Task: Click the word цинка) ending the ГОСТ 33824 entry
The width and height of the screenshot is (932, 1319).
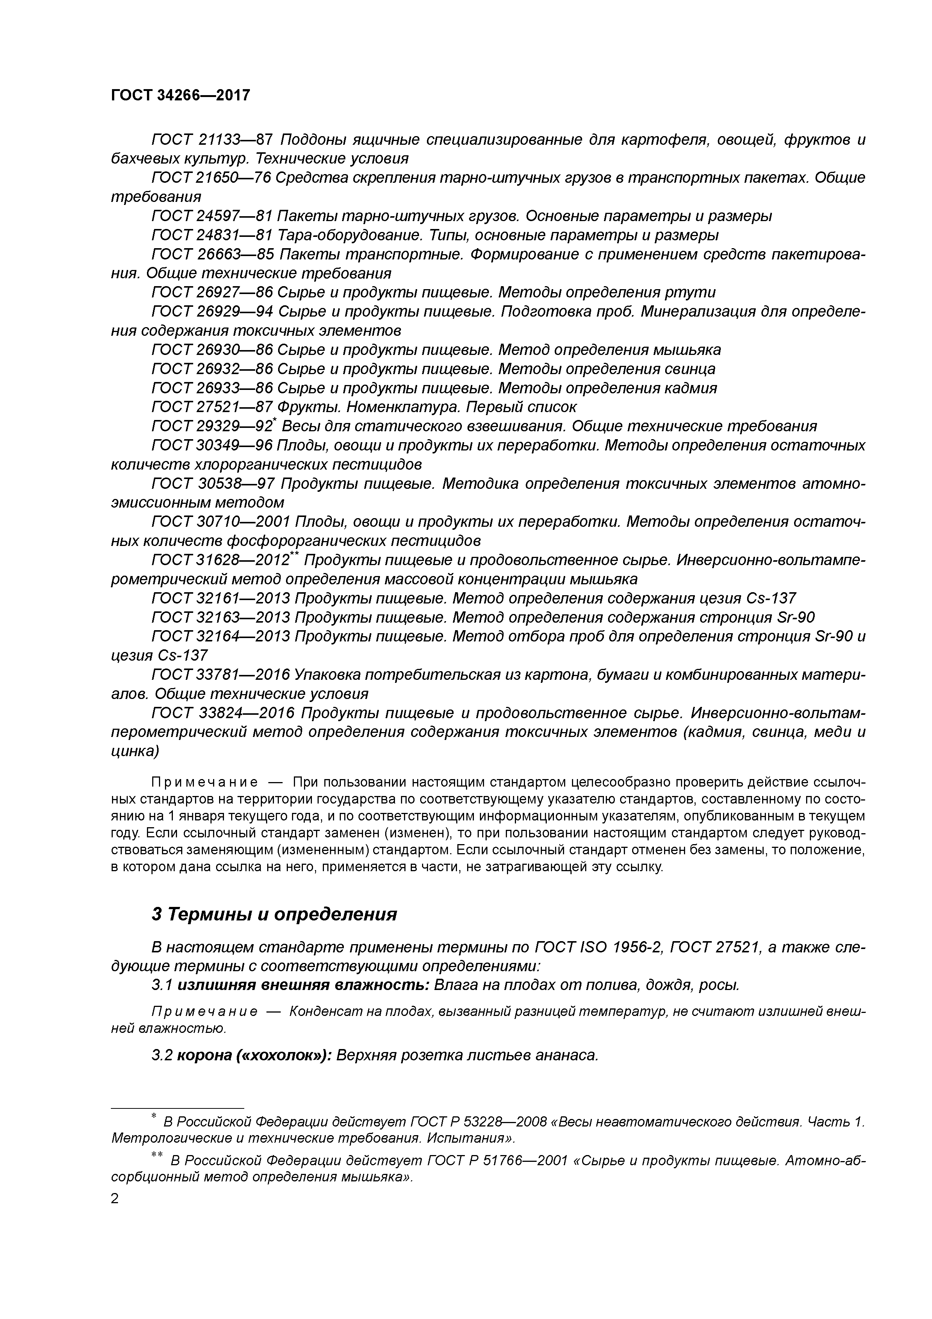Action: [x=135, y=751]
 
